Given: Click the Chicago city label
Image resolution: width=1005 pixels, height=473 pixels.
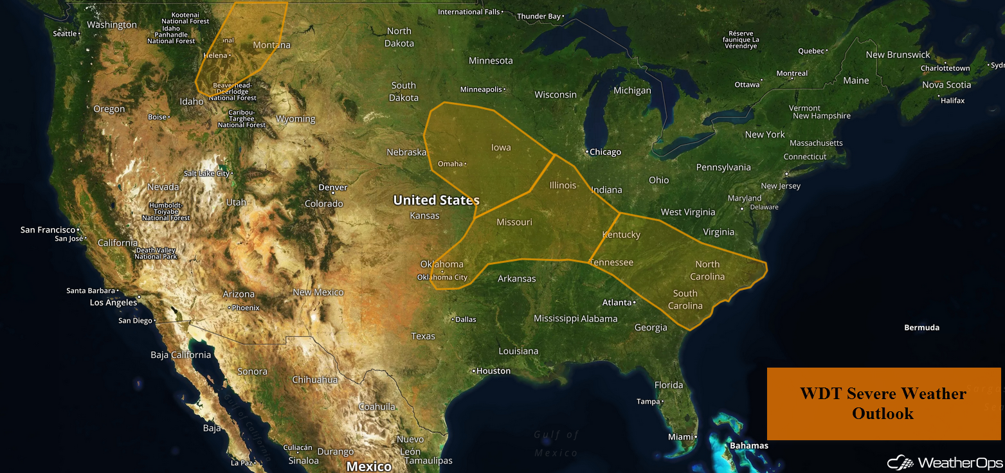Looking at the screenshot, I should tap(606, 152).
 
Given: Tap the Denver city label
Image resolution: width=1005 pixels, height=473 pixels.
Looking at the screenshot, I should tap(333, 188).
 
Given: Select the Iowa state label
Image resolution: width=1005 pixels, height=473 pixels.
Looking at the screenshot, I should tap(501, 148).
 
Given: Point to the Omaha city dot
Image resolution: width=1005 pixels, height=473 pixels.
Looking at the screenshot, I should tap(466, 164).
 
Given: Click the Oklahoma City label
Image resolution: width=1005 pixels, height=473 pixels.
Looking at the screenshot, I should tap(442, 278).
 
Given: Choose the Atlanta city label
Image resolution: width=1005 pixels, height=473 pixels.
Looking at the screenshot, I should tap(617, 302).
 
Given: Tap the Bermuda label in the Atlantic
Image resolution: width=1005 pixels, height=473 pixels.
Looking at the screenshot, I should tap(921, 328).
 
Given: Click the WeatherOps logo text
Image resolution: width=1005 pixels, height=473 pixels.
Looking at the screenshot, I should tap(960, 463).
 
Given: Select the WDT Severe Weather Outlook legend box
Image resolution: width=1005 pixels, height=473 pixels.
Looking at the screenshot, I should tap(883, 404).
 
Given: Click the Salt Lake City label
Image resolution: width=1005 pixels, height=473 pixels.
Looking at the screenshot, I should tap(206, 174).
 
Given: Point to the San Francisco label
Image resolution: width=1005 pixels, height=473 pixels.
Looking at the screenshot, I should tap(48, 229).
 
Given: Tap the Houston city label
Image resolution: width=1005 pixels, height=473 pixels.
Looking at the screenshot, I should tap(493, 371).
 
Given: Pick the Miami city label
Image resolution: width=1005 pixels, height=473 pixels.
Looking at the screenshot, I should tap(680, 437).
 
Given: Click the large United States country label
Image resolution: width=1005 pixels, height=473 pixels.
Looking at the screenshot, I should tap(436, 201).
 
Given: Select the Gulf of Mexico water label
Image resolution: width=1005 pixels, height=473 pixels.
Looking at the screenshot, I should tap(556, 443).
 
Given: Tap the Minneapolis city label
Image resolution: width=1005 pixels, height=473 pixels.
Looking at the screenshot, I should tap(481, 89).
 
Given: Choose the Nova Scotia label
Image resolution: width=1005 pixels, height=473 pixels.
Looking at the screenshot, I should tap(946, 85).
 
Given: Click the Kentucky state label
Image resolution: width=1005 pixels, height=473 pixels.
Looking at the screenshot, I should tap(621, 235).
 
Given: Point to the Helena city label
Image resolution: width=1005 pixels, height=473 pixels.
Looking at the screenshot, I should tap(215, 56).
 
